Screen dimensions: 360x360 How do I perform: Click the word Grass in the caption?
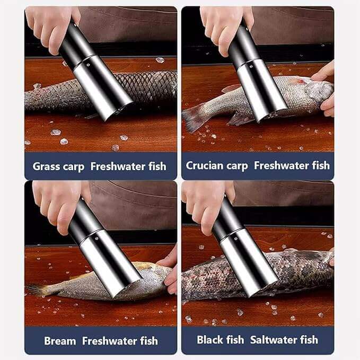point(47,166)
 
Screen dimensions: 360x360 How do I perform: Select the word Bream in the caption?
point(60,341)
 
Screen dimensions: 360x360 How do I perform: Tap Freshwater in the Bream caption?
point(110,341)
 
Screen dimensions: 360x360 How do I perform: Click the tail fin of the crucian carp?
point(192,118)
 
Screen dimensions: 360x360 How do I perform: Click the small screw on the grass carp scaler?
point(87,65)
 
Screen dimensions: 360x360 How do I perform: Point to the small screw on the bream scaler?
point(97,239)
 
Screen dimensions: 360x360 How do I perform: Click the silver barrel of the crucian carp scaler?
point(262,91)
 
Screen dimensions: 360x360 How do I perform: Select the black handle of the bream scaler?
point(85,221)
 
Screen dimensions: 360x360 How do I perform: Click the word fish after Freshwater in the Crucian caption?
point(321,165)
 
